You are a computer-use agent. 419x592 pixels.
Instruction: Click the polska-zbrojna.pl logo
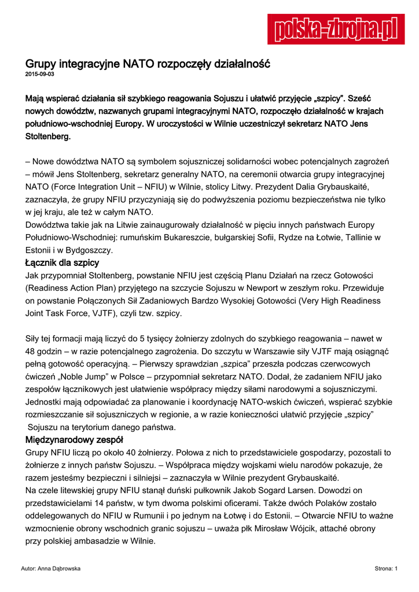tap(336, 29)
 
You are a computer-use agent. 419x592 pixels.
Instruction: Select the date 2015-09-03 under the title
tap(40, 75)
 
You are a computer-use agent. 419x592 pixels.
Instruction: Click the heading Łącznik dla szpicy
tap(63, 263)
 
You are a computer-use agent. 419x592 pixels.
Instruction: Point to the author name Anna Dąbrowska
tap(50, 569)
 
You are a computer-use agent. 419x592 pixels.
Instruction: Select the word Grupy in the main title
tap(44, 63)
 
